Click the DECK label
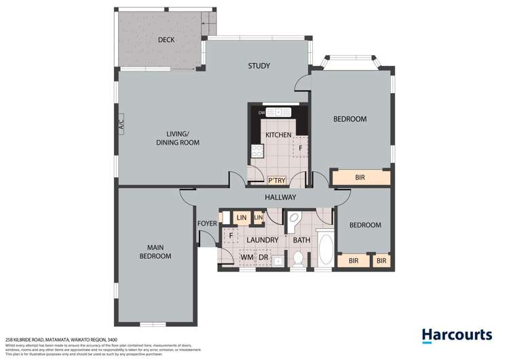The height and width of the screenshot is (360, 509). (x=166, y=40)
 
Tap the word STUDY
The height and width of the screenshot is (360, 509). (x=259, y=66)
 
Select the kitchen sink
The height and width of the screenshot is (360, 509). (x=278, y=112)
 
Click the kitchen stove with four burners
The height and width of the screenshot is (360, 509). (x=258, y=151)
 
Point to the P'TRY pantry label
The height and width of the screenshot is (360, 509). (x=277, y=181)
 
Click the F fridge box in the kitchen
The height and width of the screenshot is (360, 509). (x=300, y=147)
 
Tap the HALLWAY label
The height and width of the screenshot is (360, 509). (x=280, y=198)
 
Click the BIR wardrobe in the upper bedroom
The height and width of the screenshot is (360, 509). (x=360, y=178)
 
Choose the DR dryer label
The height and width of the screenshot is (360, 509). (x=263, y=258)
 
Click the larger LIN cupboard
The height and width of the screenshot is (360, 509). (x=241, y=217)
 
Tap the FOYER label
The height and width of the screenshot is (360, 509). (x=206, y=223)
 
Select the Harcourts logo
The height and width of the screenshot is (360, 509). (x=456, y=335)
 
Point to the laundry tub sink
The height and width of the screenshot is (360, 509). (x=278, y=259)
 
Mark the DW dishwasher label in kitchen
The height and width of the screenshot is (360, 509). (x=261, y=112)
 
